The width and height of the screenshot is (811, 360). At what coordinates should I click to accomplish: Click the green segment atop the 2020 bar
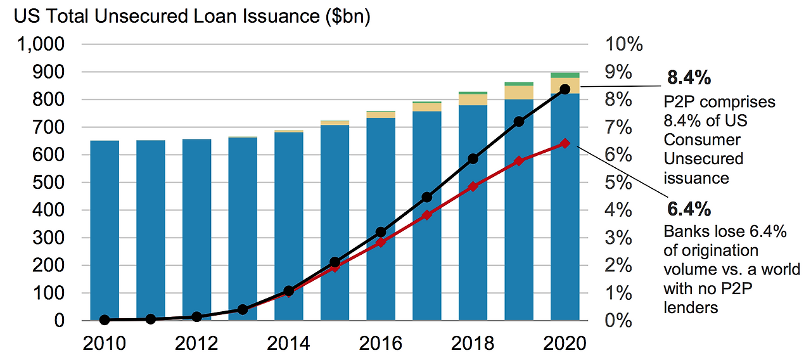565,75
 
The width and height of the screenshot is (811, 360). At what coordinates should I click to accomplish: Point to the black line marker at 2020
565,89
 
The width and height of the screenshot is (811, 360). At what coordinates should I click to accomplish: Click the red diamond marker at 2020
565,143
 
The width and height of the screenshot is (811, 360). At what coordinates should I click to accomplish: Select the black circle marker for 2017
426,197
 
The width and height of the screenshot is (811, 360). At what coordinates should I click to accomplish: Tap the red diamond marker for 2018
473,187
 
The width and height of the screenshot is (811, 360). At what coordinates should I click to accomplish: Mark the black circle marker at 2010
105,320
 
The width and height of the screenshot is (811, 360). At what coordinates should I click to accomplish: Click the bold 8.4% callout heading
689,78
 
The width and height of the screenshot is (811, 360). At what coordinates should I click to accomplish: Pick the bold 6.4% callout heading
689,209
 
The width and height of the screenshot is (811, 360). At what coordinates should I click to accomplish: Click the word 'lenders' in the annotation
691,308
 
